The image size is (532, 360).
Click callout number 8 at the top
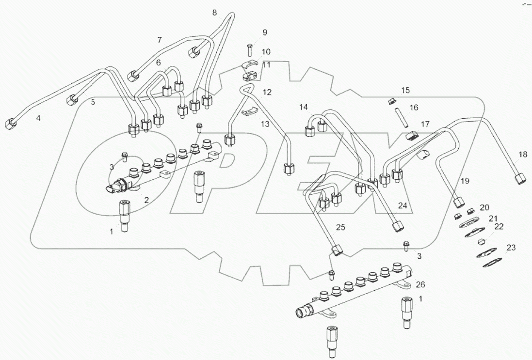click(x=214, y=13)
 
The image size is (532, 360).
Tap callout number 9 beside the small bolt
click(x=265, y=32)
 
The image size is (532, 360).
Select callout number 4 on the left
click(x=38, y=118)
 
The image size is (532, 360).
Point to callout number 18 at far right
click(x=522, y=155)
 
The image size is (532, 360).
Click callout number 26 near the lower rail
click(x=420, y=284)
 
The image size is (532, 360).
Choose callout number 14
click(x=304, y=107)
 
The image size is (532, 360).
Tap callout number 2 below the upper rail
click(x=146, y=199)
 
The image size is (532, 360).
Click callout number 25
click(x=341, y=228)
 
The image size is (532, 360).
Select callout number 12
click(x=267, y=92)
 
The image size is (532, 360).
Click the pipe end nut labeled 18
click(x=521, y=178)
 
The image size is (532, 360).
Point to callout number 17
click(x=425, y=125)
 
